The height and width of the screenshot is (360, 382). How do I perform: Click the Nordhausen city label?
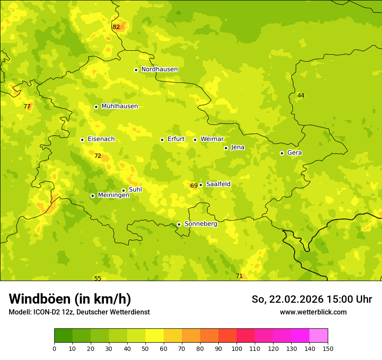coord(159,69)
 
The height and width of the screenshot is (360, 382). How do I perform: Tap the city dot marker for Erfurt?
coord(162,140)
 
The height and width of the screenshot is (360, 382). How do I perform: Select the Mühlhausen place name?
coord(119,106)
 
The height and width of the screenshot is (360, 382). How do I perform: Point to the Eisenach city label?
coord(101,139)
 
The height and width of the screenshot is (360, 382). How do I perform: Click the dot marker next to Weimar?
coord(195,140)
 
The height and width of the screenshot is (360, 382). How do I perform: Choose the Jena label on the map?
coord(238,147)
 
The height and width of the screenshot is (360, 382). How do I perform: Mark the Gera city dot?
coord(282,153)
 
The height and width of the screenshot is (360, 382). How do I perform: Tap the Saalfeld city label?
coord(218,184)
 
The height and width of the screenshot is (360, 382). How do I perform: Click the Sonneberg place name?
coord(201,224)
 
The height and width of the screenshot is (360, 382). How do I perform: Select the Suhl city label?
coord(135,190)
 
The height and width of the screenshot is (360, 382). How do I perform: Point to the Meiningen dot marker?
coord(92,196)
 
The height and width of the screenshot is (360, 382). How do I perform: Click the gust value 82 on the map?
coord(116,27)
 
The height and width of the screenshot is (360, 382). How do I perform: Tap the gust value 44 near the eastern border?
coord(301,95)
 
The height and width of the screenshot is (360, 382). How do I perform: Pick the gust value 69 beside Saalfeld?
coord(194,186)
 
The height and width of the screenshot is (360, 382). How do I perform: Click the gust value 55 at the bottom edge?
coord(98,278)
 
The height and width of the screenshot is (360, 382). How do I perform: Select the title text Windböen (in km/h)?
coord(70,299)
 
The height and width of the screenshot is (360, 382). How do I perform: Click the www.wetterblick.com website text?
coord(313,312)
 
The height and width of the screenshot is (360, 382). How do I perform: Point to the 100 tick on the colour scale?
coord(237,348)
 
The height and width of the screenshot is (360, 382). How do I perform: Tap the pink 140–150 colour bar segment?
coord(319,336)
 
